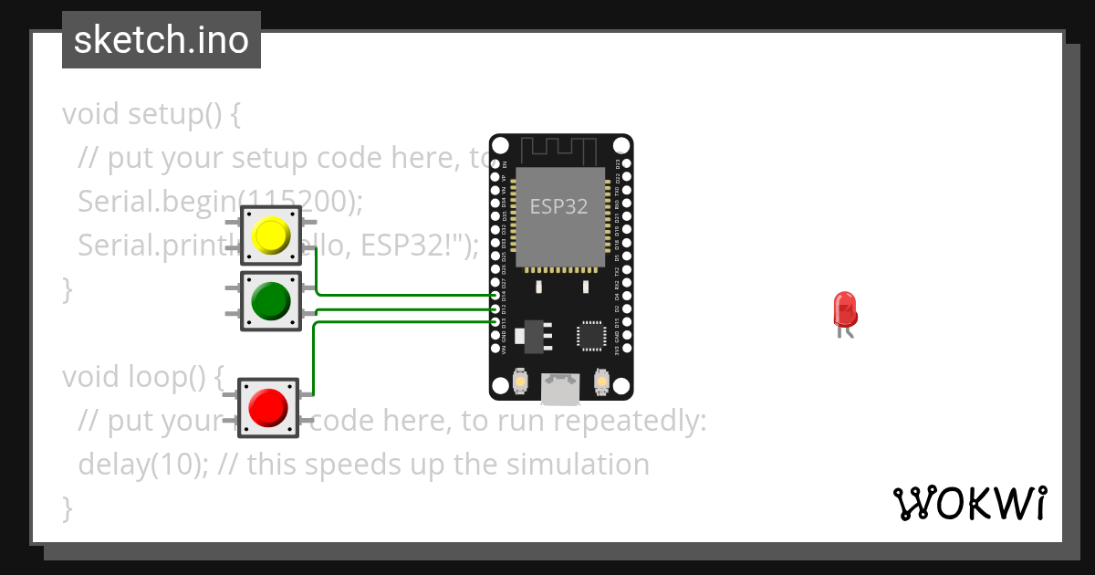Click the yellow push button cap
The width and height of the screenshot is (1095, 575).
[270, 235]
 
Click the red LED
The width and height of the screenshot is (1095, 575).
[845, 309]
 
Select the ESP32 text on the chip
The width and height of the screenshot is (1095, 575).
[559, 206]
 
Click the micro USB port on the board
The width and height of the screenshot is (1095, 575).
[560, 389]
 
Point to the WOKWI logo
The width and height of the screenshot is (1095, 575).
[969, 503]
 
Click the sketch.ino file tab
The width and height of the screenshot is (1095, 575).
[162, 40]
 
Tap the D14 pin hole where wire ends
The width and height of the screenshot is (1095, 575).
[495, 296]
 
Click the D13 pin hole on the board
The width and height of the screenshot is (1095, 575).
[495, 322]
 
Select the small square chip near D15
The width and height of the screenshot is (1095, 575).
[591, 336]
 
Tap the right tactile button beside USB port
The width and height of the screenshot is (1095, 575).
[600, 380]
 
